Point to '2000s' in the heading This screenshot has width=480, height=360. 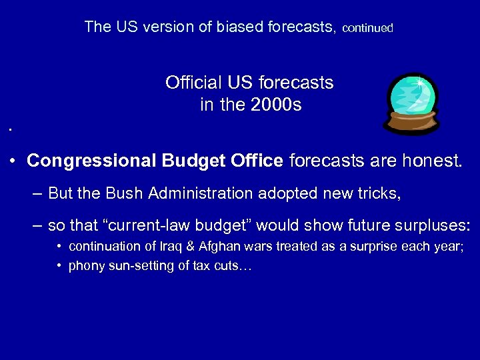click(277, 105)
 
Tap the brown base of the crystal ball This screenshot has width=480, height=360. click(412, 123)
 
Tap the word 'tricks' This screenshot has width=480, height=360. click(378, 193)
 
